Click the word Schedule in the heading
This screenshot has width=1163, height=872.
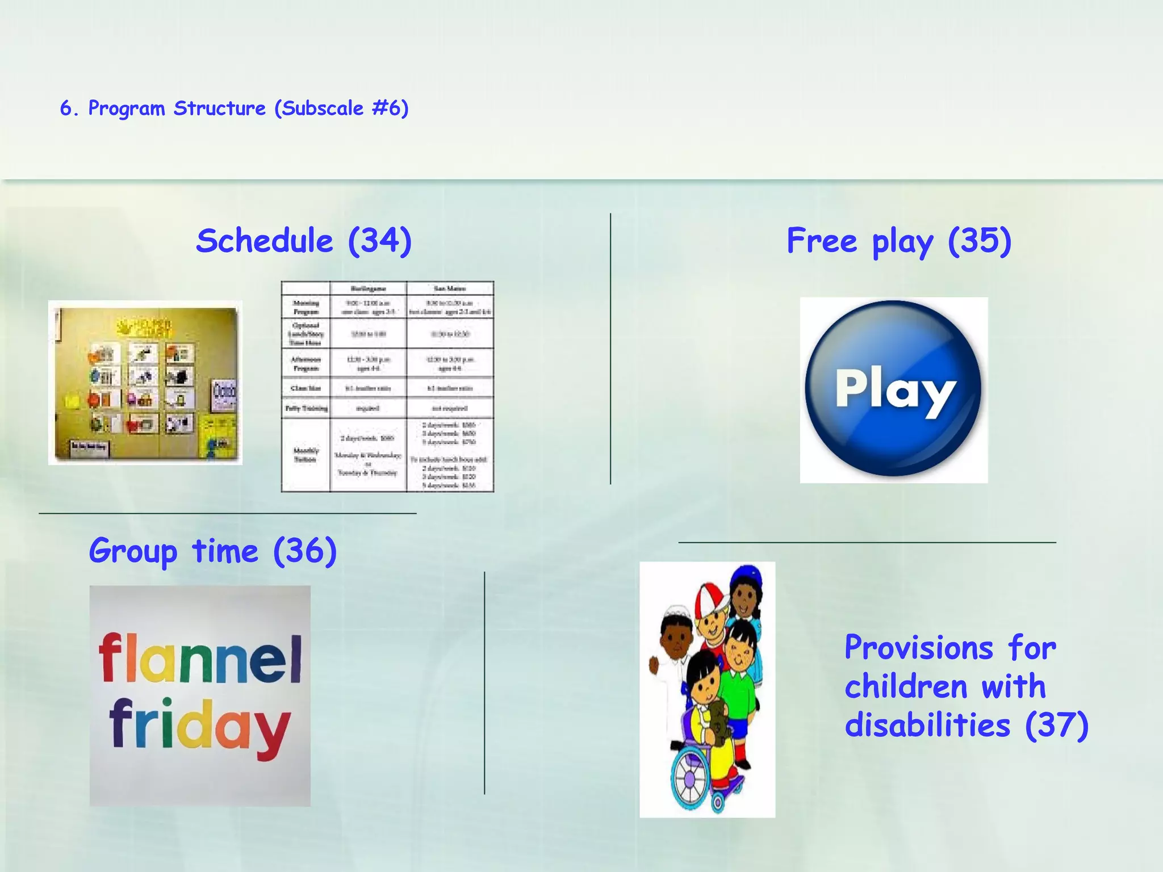tap(264, 241)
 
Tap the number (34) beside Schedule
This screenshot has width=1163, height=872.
tap(379, 241)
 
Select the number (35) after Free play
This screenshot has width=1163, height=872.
tap(980, 241)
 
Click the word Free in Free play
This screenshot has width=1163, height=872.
tap(821, 241)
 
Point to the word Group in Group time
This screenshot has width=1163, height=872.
tap(133, 551)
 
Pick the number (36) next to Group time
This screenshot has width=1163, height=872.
tap(305, 551)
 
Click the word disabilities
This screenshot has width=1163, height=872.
tap(927, 726)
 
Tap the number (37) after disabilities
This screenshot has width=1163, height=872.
tap(1056, 726)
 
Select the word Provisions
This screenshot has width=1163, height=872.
tap(919, 648)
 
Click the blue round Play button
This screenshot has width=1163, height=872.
tap(893, 390)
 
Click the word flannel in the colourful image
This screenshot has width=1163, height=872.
tap(200, 659)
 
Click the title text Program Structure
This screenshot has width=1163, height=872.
tap(177, 108)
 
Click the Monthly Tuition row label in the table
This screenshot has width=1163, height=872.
tap(306, 455)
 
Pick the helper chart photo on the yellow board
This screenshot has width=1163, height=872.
tap(145, 383)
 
